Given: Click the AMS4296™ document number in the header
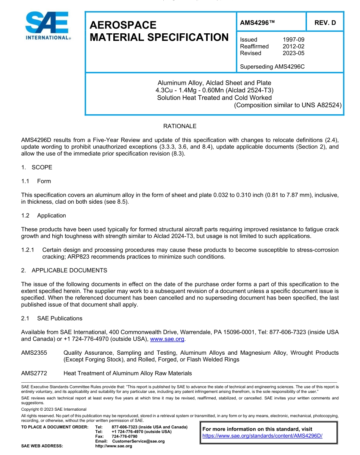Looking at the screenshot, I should click(x=257, y=23).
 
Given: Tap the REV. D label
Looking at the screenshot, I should click(x=325, y=23).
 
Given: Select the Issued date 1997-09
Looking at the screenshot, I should click(x=293, y=40).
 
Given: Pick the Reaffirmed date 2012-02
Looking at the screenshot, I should click(x=293, y=47).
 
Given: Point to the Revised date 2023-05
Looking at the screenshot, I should click(x=293, y=53).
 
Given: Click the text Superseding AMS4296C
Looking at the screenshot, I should click(x=272, y=67).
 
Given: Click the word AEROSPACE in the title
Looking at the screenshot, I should click(x=123, y=25).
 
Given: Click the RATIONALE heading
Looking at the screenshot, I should click(x=180, y=126).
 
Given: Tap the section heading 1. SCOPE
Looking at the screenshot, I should click(x=37, y=167).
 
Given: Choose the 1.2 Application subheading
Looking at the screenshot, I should click(x=44, y=215).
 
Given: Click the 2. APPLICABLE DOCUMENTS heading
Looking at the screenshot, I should click(x=64, y=270).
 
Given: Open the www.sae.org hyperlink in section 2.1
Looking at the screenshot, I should click(x=167, y=339).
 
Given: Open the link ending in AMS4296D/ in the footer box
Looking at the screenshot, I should click(x=262, y=436).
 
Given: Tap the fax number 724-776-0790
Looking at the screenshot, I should click(x=124, y=436).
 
